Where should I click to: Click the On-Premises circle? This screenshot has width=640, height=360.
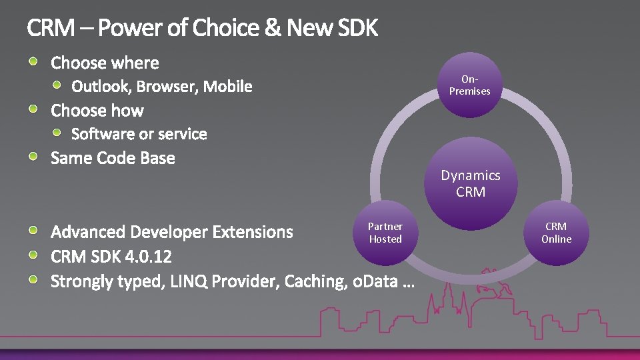[469, 86]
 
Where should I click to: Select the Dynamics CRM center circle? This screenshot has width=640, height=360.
[471, 183]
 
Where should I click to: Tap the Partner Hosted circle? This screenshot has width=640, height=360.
[385, 233]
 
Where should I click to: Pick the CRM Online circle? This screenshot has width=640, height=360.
[556, 233]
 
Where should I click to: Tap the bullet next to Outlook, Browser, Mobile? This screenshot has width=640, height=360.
[59, 85]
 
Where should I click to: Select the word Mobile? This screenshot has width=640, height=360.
[228, 87]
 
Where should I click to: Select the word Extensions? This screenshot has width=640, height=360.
[253, 232]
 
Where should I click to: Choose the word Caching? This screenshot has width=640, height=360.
[315, 282]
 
